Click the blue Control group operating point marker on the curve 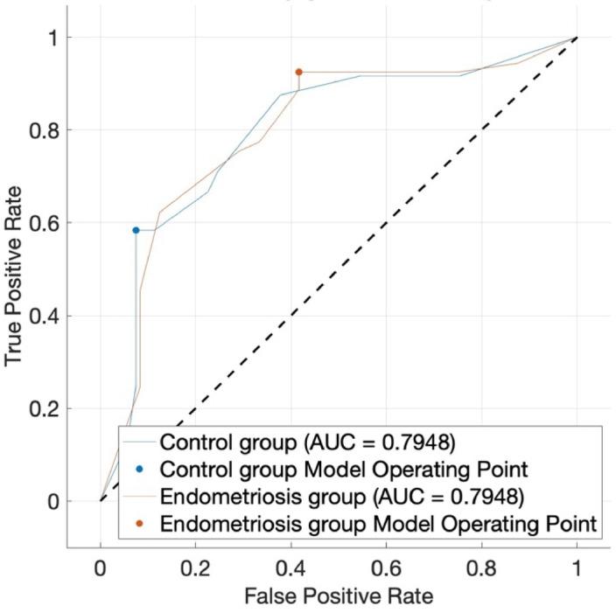coord(136,230)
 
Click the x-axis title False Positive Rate coord(339,595)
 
